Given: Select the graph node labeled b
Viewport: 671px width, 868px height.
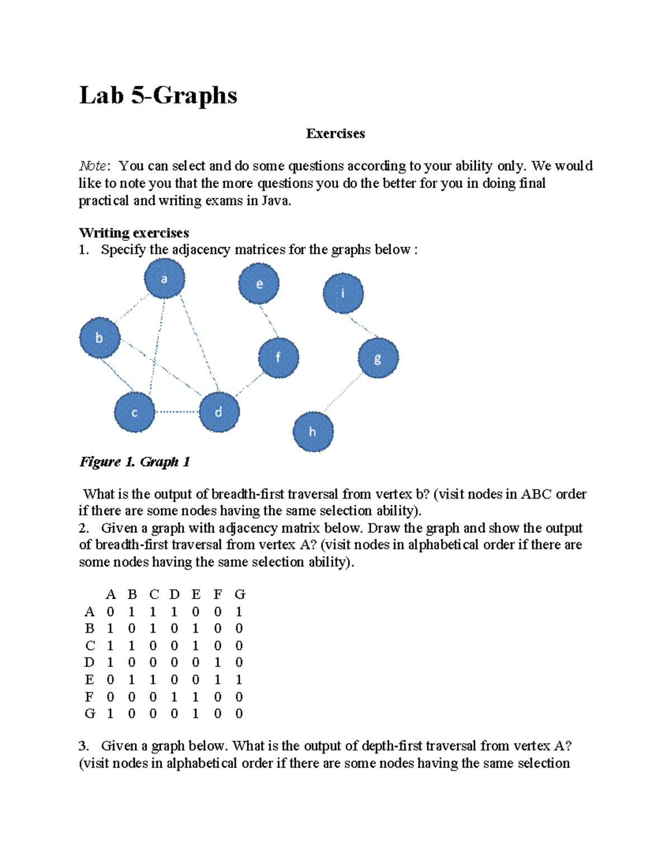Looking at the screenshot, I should [100, 338].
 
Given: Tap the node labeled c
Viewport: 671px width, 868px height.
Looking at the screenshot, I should [134, 412].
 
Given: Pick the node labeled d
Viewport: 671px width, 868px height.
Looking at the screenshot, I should [219, 412].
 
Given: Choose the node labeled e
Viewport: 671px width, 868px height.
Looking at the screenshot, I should [259, 283].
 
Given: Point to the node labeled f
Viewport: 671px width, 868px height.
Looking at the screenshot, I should [278, 358].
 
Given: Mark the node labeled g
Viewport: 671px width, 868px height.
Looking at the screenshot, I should [378, 358].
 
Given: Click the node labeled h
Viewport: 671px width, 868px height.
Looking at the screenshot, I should [313, 431].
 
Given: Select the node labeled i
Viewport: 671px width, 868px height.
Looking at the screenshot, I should [343, 293].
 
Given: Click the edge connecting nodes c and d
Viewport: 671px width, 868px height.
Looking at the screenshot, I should [177, 412].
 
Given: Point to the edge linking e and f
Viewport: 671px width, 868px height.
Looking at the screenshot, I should [268, 321].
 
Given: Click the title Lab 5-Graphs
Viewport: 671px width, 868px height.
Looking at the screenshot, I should [158, 95].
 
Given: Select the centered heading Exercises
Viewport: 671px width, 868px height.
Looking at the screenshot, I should [335, 134].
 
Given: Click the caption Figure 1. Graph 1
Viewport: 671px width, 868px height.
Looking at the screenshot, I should [135, 462].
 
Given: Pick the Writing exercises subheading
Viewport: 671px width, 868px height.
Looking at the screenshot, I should [134, 233].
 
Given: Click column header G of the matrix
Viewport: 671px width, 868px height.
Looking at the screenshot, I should [239, 594].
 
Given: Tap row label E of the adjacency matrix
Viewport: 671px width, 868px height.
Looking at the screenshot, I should [89, 680].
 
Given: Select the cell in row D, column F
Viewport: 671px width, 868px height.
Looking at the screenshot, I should [218, 662].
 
